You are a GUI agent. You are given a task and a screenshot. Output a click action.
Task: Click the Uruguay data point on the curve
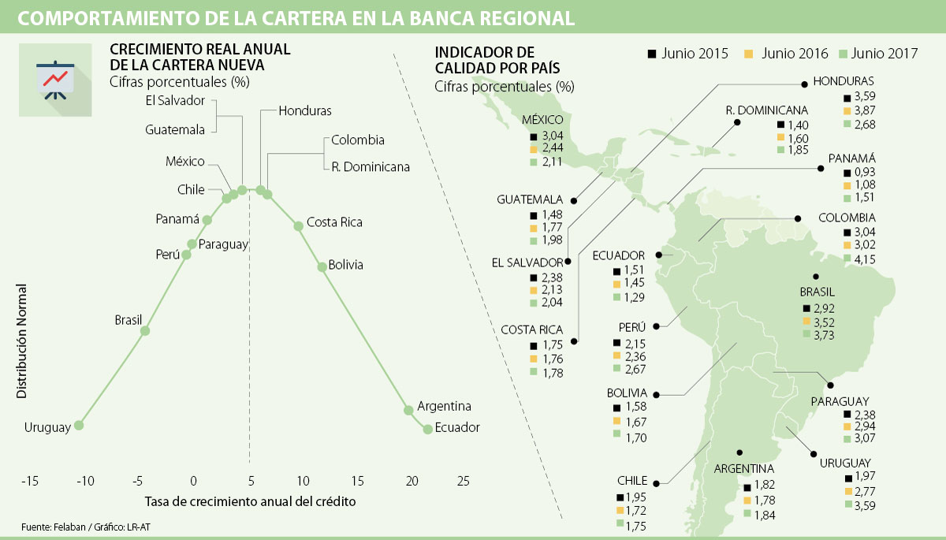[x=79, y=425]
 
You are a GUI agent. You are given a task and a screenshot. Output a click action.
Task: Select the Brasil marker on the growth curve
[x=145, y=331]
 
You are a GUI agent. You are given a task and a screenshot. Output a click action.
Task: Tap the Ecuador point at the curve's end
[x=428, y=429]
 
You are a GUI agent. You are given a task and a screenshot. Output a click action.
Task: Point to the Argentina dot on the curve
[x=408, y=410]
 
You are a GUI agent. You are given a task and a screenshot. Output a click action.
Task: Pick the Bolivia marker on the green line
[x=322, y=266]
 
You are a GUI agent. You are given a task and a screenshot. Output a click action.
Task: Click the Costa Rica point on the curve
[x=299, y=226]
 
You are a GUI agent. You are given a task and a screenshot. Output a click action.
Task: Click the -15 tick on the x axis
[x=30, y=480]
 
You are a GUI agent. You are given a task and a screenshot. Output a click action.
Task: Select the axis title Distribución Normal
[x=21, y=341]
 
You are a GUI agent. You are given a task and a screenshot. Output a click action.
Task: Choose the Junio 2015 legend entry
[x=689, y=54]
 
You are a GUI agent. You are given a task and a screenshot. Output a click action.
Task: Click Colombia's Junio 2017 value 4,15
[x=865, y=258]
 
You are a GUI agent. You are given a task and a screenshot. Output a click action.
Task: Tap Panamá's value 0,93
[x=865, y=172]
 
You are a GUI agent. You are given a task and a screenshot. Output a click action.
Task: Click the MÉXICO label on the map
[x=542, y=120]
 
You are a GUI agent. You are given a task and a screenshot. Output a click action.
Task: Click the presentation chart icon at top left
[x=55, y=79]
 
